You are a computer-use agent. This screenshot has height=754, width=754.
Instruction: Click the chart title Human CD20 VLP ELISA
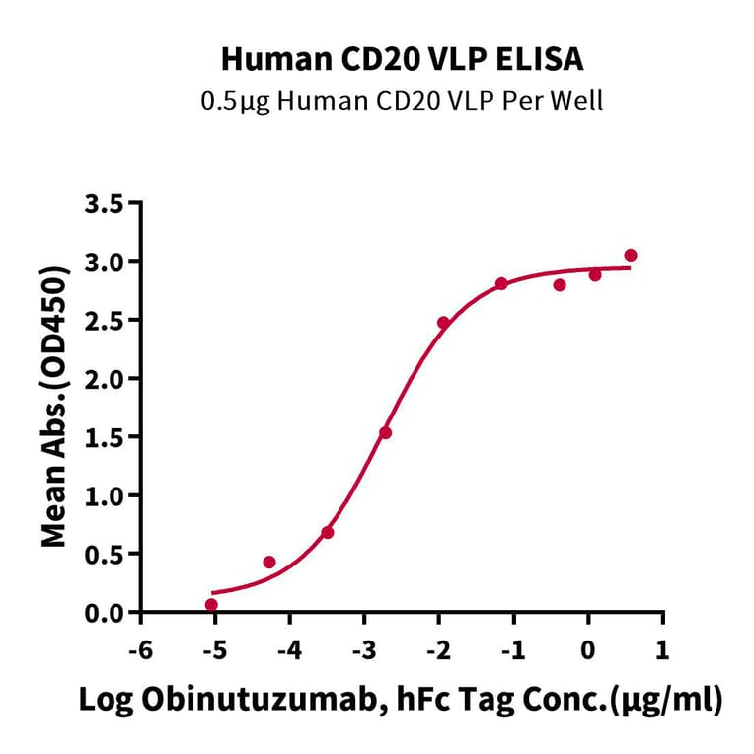click(402, 60)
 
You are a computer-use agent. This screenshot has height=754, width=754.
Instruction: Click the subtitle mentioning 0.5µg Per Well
click(402, 100)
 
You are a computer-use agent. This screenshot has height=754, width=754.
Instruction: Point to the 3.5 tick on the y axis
click(108, 204)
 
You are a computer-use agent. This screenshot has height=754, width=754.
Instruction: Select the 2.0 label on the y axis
click(108, 379)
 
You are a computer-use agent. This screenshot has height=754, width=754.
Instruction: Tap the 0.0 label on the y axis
click(108, 613)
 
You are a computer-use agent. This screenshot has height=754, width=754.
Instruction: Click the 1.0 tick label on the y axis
click(108, 495)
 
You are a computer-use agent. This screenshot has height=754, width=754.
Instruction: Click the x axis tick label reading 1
click(662, 652)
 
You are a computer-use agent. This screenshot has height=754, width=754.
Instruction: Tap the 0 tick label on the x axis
click(588, 652)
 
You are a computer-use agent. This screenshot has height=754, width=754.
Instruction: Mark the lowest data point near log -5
click(211, 605)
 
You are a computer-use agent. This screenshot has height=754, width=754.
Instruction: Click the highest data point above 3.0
click(631, 256)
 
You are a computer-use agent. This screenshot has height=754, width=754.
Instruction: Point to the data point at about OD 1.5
click(385, 433)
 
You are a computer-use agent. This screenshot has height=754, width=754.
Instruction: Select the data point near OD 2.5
click(443, 323)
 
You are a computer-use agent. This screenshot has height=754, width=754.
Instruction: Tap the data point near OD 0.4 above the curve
click(269, 563)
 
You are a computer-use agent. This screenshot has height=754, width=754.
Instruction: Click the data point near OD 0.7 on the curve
click(328, 533)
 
